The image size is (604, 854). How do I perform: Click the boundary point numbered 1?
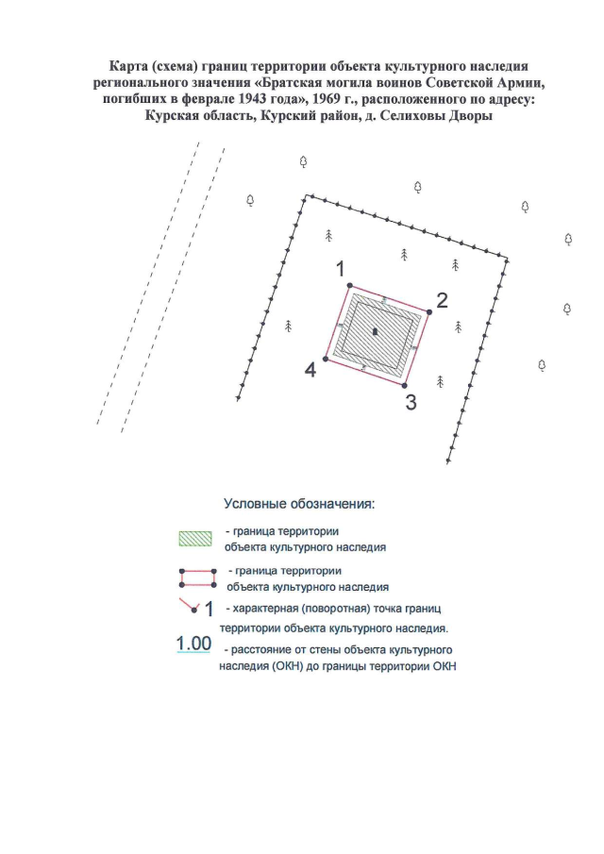(349, 285)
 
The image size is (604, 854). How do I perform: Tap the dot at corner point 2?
(429, 312)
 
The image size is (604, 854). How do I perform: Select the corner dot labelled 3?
(404, 386)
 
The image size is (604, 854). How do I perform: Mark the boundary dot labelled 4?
(326, 359)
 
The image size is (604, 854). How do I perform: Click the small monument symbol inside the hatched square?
(375, 331)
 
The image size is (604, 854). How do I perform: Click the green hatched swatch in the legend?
(195, 539)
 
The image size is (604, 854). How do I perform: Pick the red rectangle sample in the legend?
(197, 578)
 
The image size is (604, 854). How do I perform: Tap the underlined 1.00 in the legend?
(193, 644)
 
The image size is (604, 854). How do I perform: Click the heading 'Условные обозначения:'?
(299, 504)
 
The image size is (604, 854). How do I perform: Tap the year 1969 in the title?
(326, 99)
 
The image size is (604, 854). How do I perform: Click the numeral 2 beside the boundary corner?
(442, 300)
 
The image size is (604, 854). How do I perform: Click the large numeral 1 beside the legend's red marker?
(209, 609)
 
